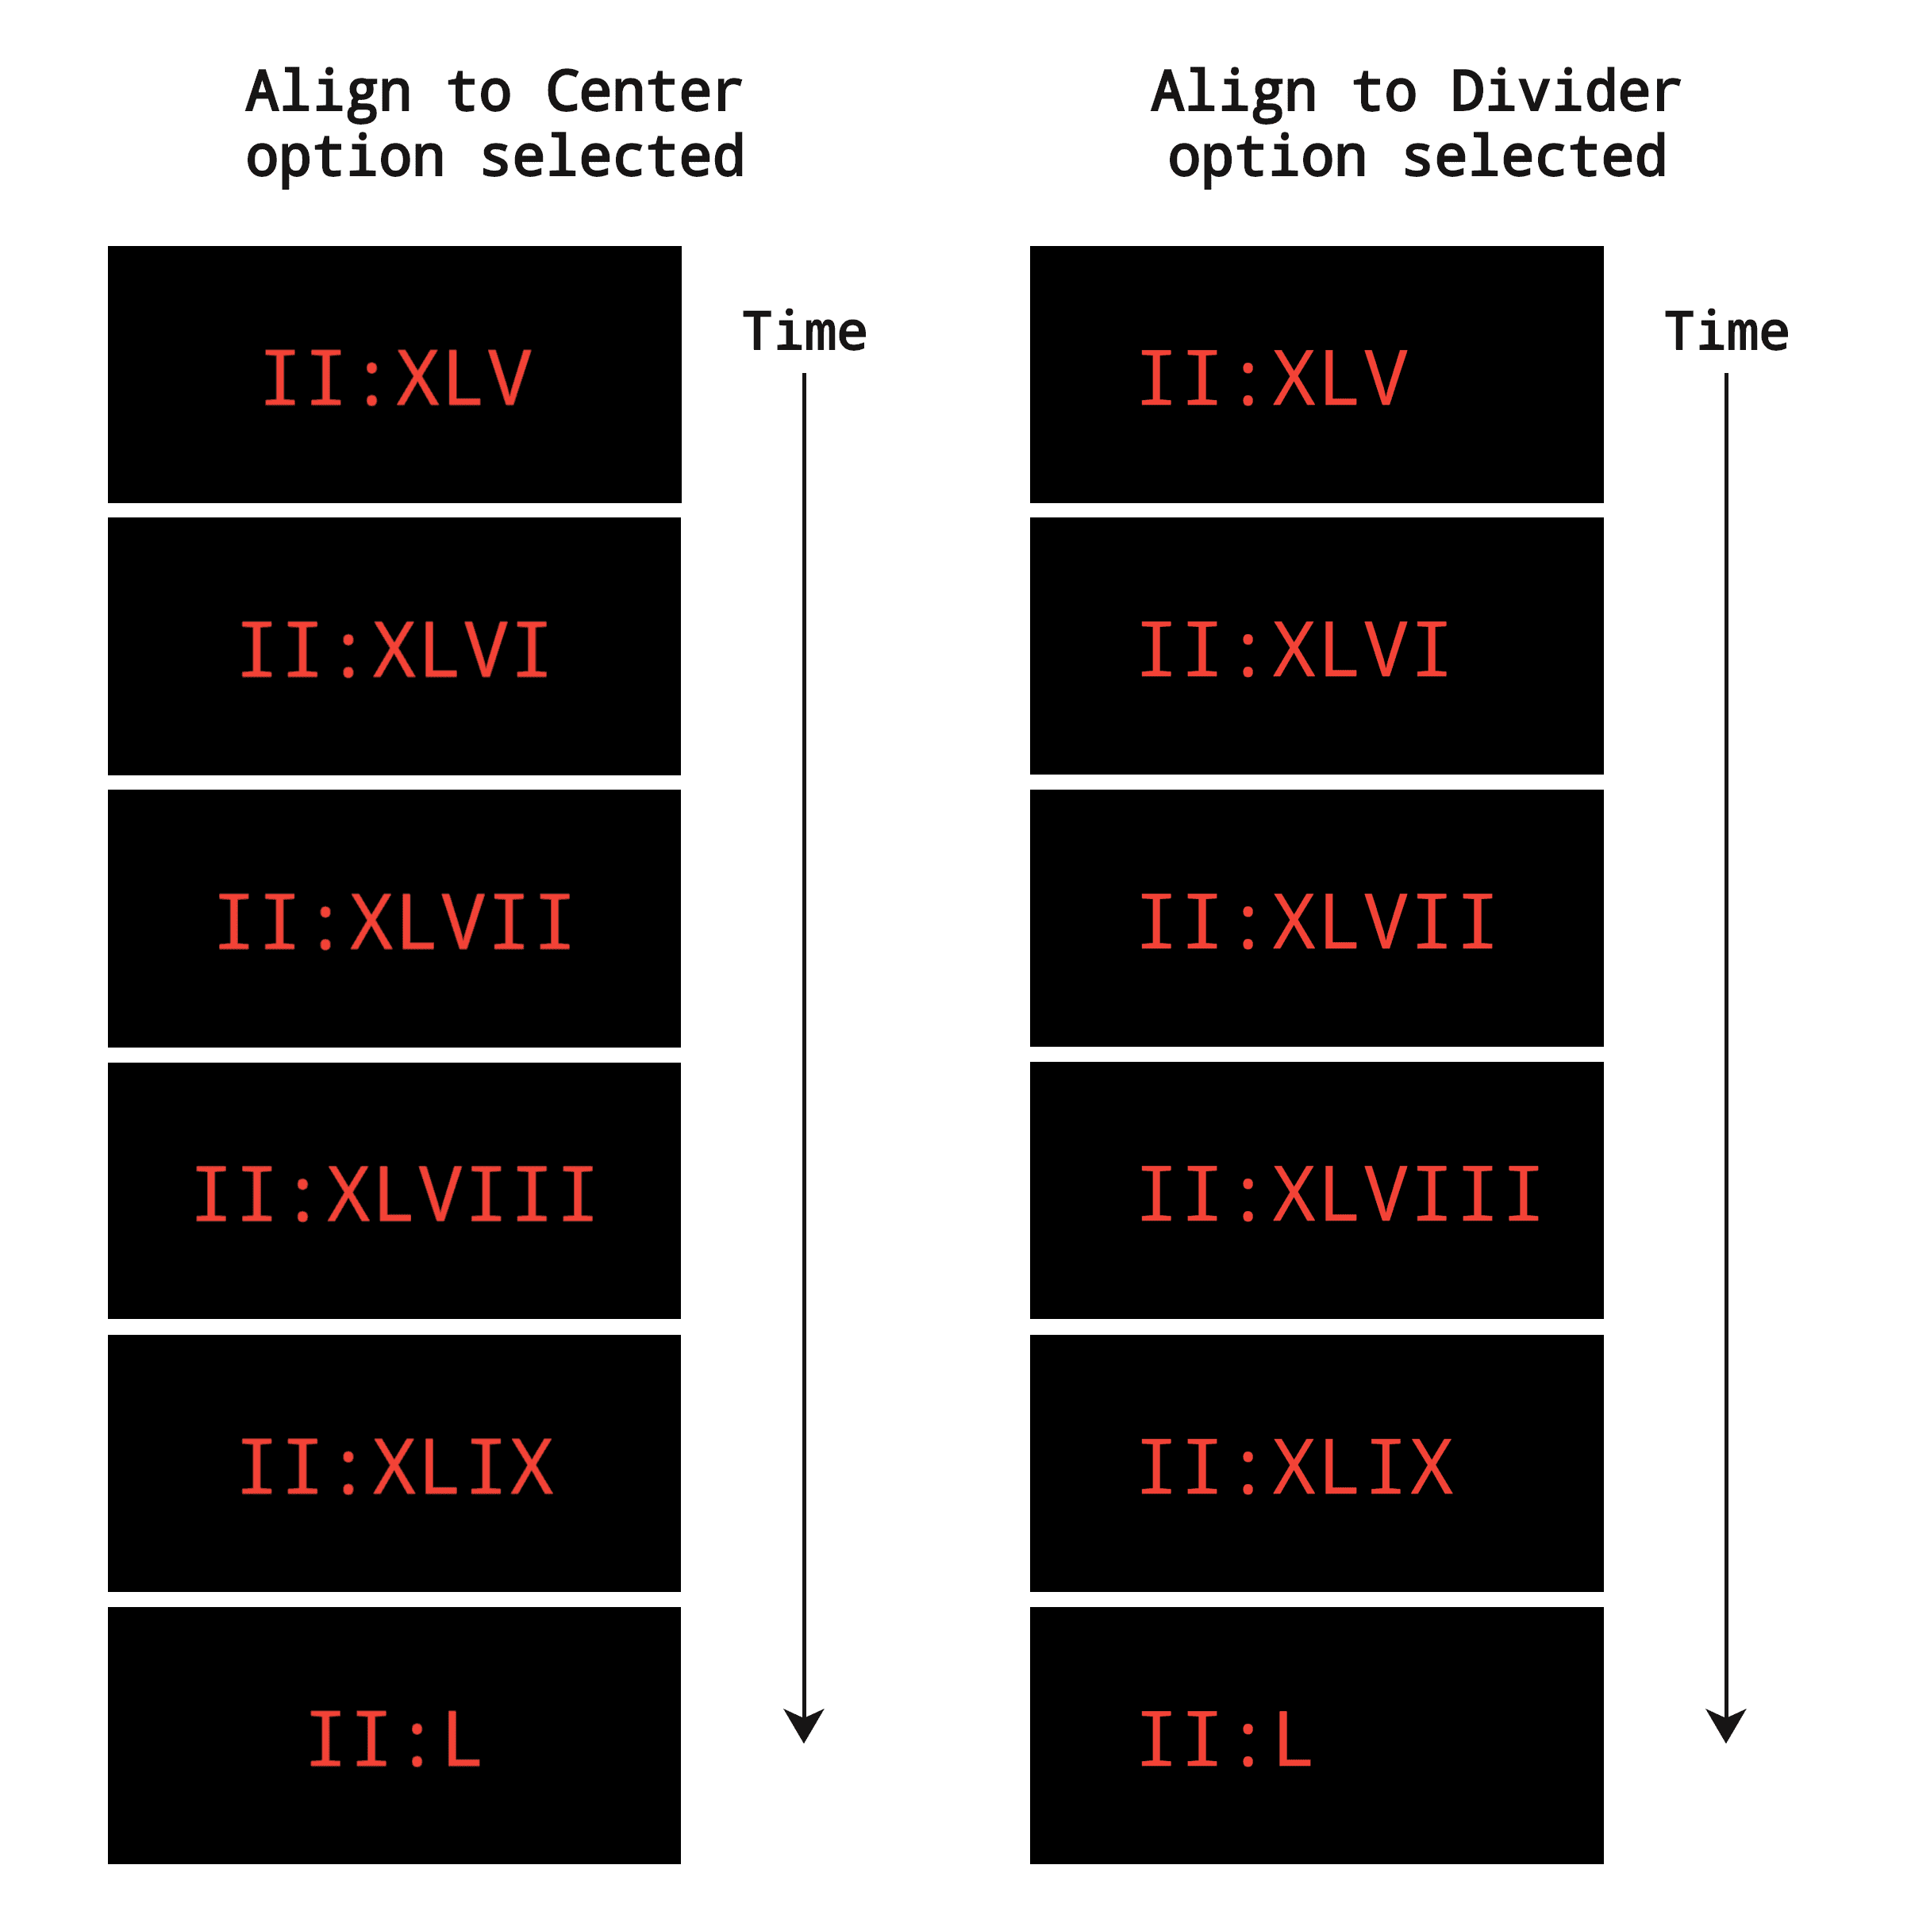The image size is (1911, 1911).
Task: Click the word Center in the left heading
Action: click(x=643, y=92)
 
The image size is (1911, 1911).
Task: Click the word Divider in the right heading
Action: click(x=1565, y=92)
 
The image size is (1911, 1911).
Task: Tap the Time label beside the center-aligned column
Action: click(x=804, y=332)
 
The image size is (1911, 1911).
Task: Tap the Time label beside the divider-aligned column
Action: click(x=1727, y=332)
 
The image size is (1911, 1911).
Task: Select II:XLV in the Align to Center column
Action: click(x=396, y=378)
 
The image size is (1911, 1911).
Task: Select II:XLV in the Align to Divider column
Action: click(x=1273, y=378)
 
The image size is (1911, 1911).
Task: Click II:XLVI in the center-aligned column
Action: click(x=394, y=650)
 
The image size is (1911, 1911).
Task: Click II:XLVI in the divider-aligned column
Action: click(x=1295, y=650)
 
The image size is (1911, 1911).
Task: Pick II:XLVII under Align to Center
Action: click(x=394, y=922)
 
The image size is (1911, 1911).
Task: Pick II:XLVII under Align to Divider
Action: click(x=1317, y=922)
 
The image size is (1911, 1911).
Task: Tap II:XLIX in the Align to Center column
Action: click(x=396, y=1466)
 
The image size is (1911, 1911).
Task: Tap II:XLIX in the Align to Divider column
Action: click(x=1296, y=1466)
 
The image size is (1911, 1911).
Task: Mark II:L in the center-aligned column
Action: click(x=394, y=1738)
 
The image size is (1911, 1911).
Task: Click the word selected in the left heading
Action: click(x=613, y=157)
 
